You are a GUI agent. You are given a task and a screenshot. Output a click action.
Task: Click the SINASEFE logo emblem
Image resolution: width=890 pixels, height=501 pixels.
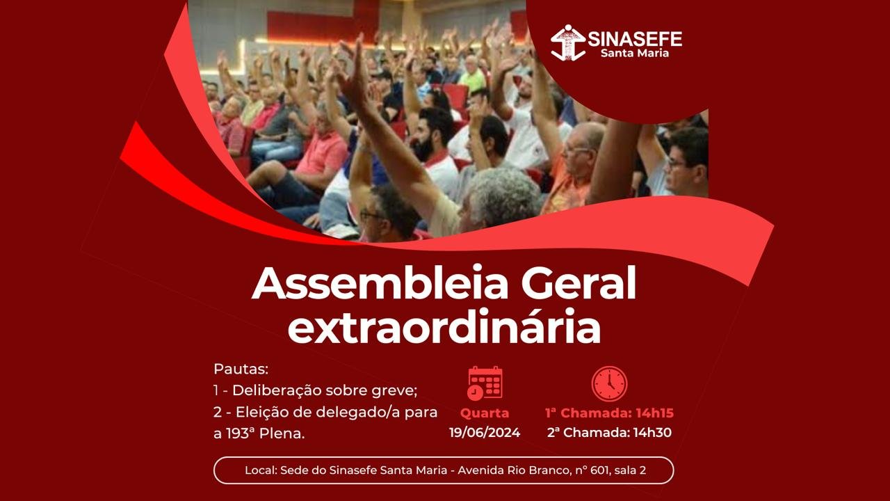[568, 42]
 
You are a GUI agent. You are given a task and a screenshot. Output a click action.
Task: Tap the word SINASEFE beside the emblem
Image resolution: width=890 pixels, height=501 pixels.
[635, 39]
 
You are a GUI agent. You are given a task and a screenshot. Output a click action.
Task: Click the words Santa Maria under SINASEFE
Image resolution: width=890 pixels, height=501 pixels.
[635, 53]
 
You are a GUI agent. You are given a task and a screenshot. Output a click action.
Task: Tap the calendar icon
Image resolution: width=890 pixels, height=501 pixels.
[485, 383]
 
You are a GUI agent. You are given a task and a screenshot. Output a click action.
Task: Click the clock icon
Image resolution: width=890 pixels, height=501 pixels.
[609, 383]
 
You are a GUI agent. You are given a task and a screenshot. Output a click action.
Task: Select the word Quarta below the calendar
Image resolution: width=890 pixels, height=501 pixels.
[485, 413]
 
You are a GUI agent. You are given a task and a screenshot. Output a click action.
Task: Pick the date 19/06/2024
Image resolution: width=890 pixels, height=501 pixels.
[485, 433]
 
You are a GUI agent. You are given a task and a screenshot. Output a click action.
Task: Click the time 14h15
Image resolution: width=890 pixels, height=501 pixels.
[655, 413]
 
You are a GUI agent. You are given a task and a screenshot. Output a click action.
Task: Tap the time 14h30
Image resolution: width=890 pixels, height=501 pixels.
[652, 433]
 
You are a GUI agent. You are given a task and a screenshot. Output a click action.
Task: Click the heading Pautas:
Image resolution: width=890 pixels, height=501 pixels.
[241, 369]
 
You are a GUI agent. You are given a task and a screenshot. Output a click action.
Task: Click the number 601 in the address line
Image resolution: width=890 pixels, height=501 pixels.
[600, 470]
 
